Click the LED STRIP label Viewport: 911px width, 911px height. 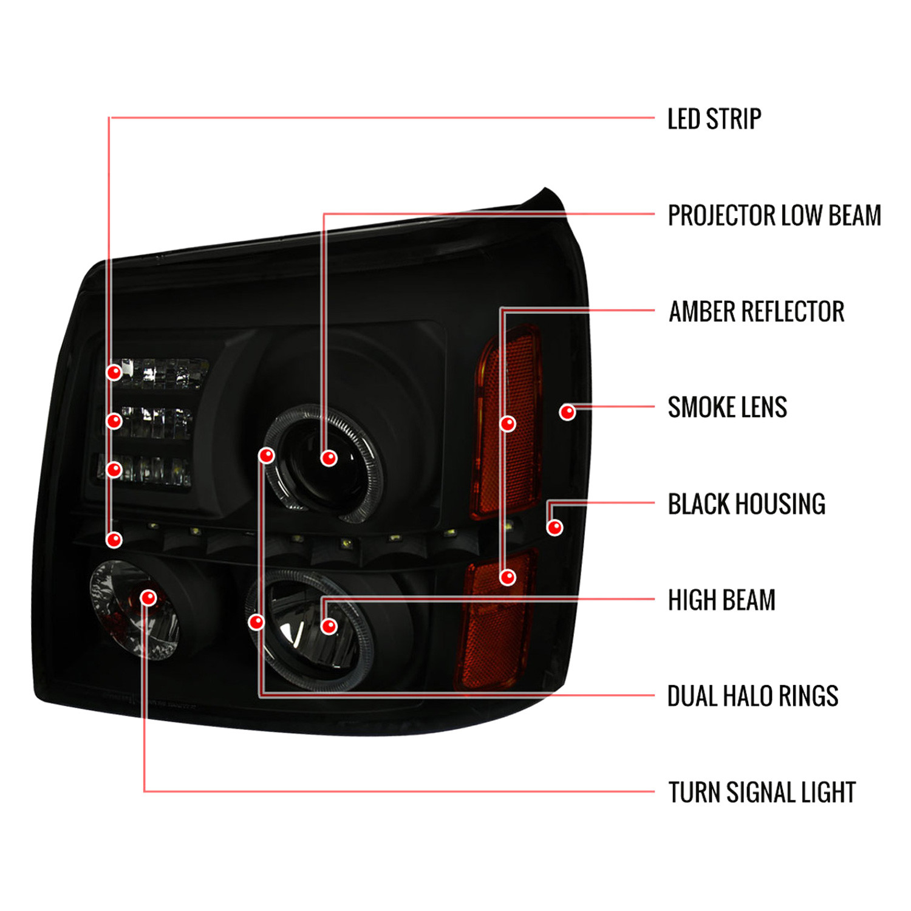pos(714,119)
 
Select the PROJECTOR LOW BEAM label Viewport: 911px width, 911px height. pos(774,216)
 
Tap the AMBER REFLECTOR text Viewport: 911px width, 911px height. pos(757,312)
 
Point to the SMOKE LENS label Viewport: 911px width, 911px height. pos(728,408)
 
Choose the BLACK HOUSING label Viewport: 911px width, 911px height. pos(746,504)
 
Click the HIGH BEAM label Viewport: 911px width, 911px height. pos(722,600)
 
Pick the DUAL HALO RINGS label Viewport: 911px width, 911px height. pos(753,696)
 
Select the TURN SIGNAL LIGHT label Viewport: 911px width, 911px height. pos(762,793)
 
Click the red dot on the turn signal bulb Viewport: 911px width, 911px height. pos(148,598)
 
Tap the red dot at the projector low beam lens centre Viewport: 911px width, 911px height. pos(329,458)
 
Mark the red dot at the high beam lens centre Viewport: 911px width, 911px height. pos(329,626)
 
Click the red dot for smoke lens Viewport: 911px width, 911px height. pos(567,413)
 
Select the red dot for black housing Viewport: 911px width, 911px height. pos(554,527)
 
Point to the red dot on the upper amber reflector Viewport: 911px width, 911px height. pos(508,423)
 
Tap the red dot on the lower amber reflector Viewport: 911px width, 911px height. pos(508,577)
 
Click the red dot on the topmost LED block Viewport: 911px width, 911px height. pos(114,372)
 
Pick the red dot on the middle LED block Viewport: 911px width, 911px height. pos(114,421)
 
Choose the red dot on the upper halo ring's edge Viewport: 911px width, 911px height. pos(267,455)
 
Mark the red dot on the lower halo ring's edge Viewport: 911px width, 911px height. pos(257,622)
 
